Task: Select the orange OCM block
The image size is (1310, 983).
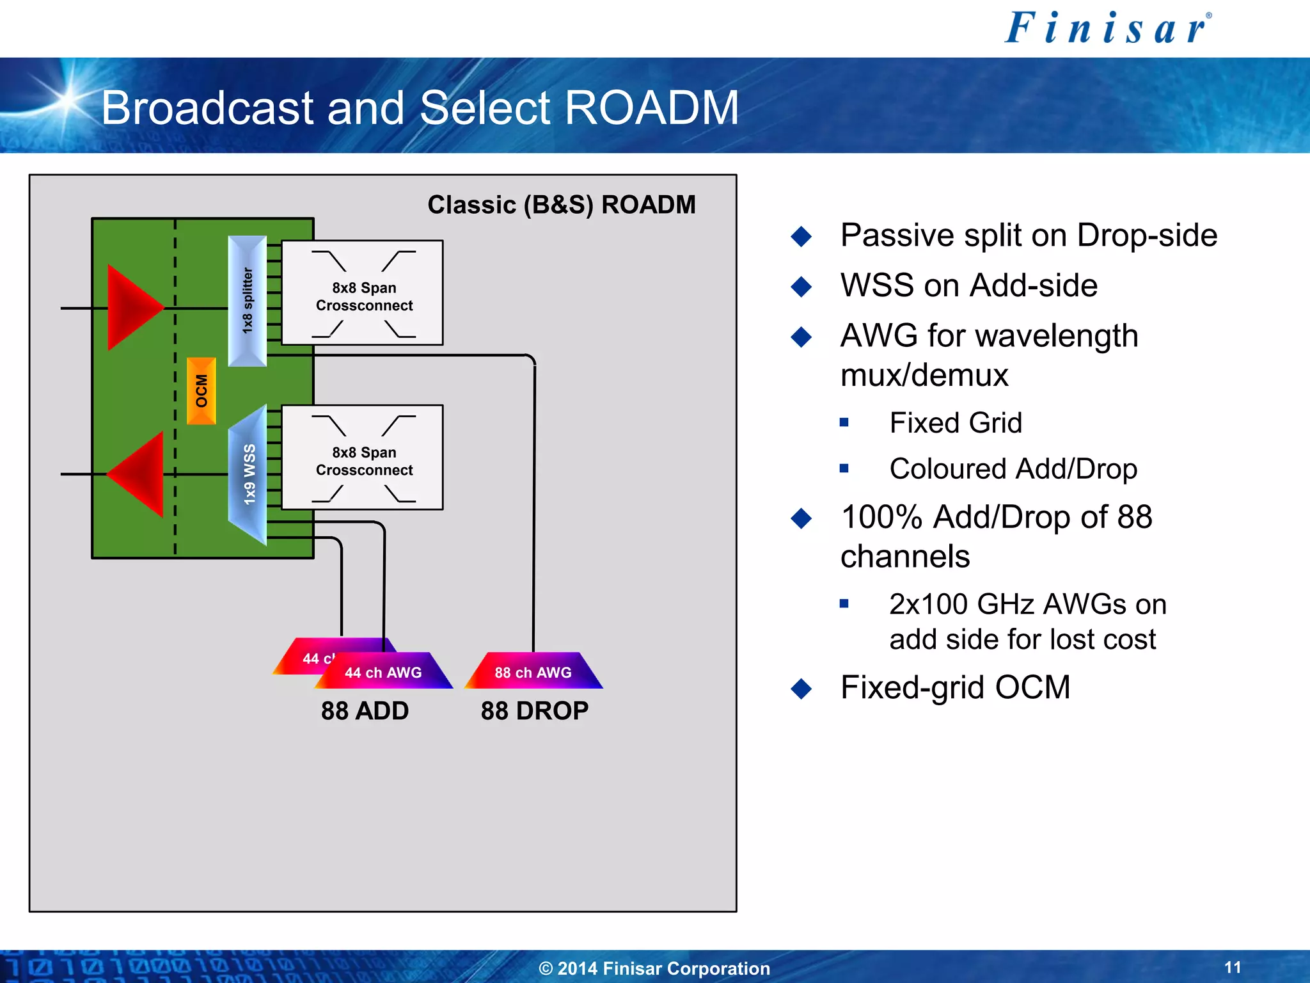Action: point(201,391)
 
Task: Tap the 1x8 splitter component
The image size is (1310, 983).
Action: point(248,301)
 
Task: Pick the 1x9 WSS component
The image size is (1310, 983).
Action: point(248,475)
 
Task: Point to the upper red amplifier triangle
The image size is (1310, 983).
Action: point(131,308)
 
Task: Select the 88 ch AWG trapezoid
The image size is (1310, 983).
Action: point(533,671)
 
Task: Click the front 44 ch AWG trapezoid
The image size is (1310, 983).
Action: point(384,672)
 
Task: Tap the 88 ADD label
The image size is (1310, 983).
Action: point(365,711)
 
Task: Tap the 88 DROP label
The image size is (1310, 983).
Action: point(534,711)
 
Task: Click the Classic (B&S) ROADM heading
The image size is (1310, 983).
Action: point(561,205)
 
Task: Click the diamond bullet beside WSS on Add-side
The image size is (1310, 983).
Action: point(801,286)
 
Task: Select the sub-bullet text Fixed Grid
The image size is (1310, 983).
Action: point(955,423)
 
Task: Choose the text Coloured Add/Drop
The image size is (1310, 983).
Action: point(1013,469)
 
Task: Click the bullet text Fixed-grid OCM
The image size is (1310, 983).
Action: point(955,687)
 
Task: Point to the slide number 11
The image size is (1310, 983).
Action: point(1233,967)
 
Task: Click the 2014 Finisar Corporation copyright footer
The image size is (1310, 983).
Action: point(654,968)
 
